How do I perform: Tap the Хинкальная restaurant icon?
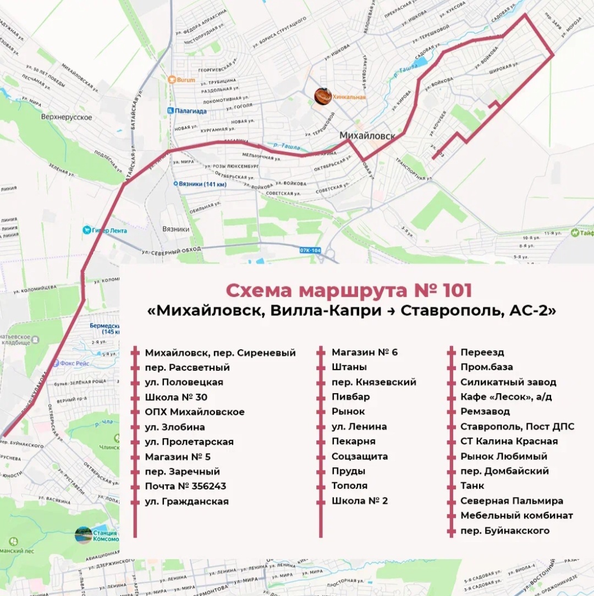tap(323, 96)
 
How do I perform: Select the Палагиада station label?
tap(191, 111)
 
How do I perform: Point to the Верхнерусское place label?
tap(66, 117)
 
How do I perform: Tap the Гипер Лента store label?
tap(109, 230)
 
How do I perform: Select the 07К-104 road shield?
tap(310, 251)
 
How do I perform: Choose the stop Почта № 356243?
tap(185, 486)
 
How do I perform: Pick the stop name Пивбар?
tap(350, 396)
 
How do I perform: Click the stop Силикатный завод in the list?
tap(508, 382)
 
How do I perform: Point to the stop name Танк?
tap(472, 486)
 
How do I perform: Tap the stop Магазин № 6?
tap(364, 352)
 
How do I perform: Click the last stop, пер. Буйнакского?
tap(505, 531)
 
